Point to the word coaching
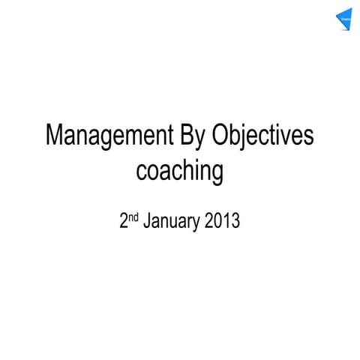tap(179, 173)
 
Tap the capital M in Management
tap(55, 136)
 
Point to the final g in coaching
tap(217, 175)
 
